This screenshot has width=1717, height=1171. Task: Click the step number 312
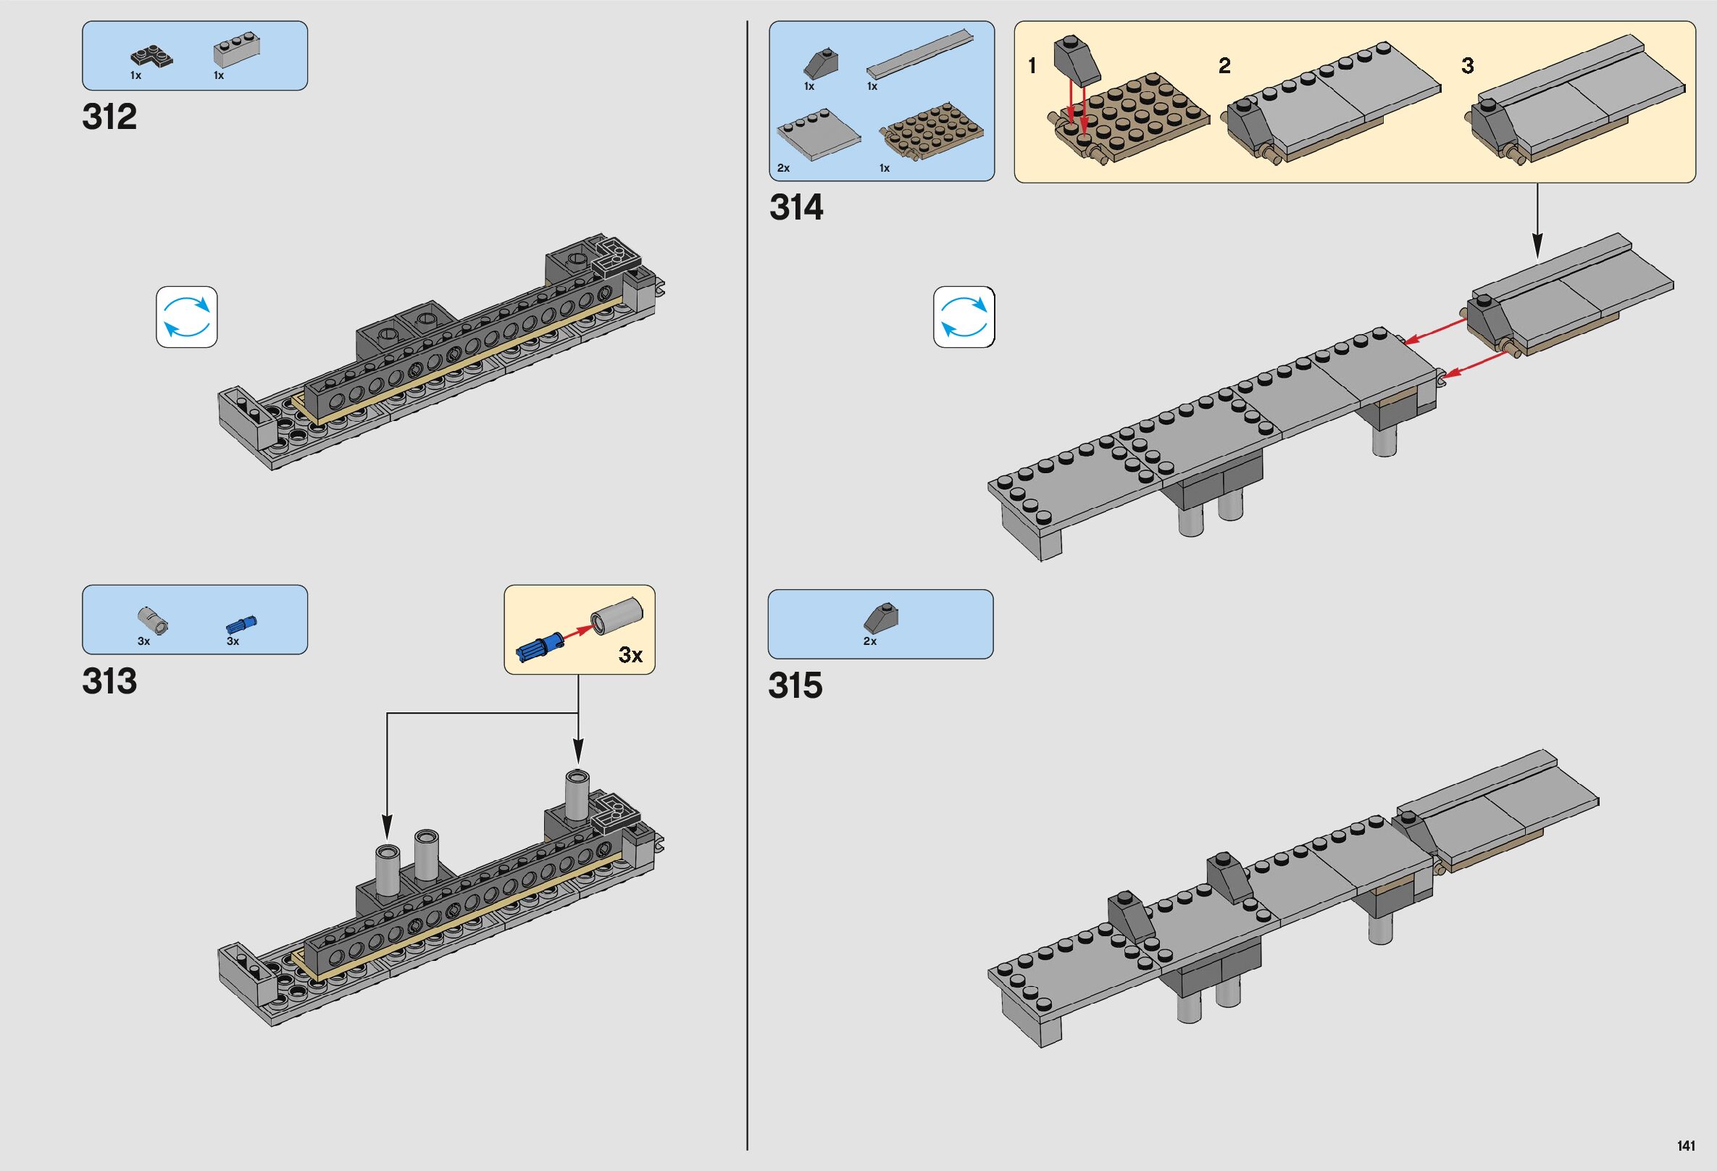point(109,117)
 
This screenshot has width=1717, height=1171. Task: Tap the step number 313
point(109,681)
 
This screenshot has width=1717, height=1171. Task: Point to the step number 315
point(795,686)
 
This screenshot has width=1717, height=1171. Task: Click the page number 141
point(1685,1146)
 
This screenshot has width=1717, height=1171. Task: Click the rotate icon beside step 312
point(187,317)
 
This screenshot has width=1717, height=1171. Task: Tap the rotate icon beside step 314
point(964,317)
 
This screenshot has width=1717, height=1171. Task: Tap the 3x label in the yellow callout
point(630,655)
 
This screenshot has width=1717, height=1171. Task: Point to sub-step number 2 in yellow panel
point(1224,67)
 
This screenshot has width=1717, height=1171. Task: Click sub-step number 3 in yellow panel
point(1467,67)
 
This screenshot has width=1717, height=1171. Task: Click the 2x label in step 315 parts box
point(869,641)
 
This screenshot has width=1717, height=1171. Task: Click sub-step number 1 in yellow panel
point(1032,67)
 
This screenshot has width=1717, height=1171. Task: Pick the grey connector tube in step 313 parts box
point(153,620)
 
